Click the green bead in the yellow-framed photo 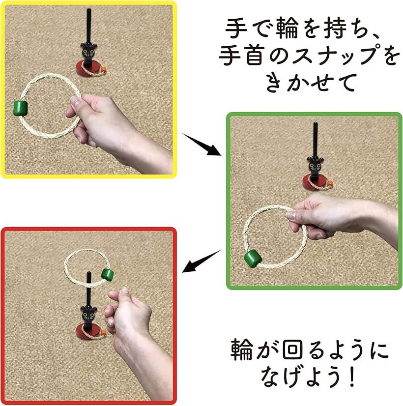(x=21, y=108)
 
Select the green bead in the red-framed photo (x=108, y=274)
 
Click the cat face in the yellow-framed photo (x=88, y=53)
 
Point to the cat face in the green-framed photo (x=315, y=166)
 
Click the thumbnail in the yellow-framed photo (x=76, y=101)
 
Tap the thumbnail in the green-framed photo (x=291, y=215)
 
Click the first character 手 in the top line (x=236, y=28)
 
